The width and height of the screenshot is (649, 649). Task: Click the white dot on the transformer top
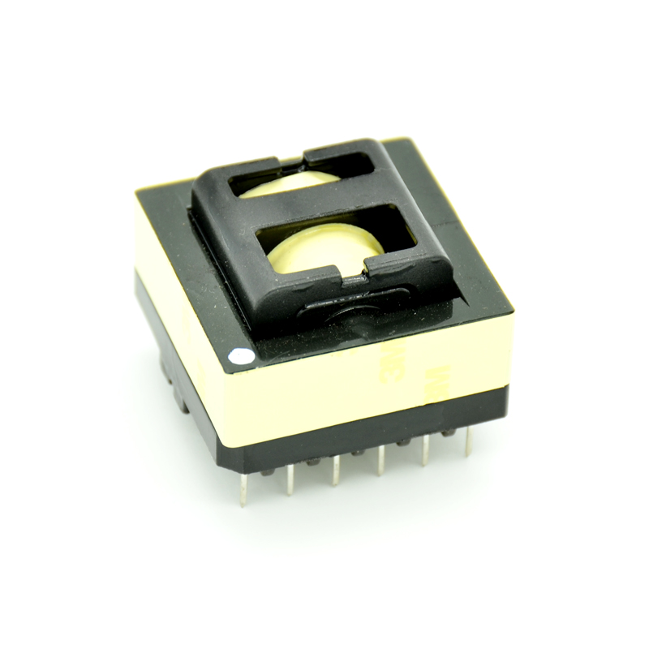tap(241, 355)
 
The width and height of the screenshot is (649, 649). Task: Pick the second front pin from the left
tap(289, 484)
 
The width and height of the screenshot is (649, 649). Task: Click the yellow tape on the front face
tap(365, 381)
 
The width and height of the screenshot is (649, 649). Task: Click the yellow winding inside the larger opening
tap(324, 251)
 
